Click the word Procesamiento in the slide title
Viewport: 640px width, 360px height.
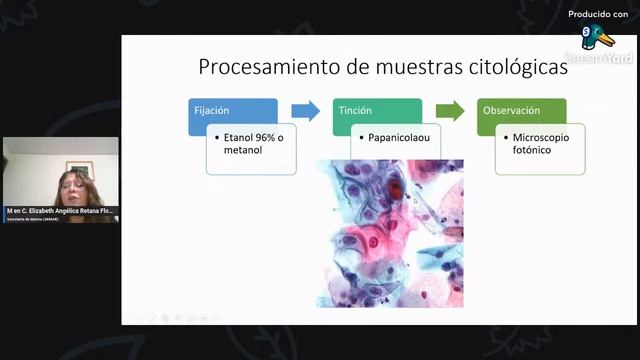(x=254, y=68)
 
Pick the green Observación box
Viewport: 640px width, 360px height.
(x=520, y=111)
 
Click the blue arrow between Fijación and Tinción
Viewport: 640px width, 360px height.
(x=306, y=111)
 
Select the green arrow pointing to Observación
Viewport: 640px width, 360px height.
(x=451, y=111)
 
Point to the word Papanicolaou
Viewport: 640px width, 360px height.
(x=399, y=137)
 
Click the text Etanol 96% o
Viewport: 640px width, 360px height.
(x=252, y=137)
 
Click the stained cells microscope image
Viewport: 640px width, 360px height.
(x=390, y=235)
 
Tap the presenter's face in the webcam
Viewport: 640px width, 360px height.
(x=76, y=186)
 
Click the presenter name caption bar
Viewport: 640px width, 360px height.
(x=60, y=211)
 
